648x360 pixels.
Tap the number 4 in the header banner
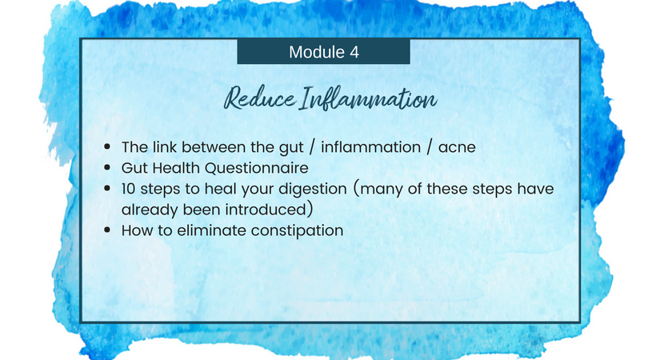coord(354,52)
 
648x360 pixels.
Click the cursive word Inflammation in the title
coord(368,98)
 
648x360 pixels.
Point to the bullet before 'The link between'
coord(107,146)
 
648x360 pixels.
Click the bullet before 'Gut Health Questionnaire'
coord(107,167)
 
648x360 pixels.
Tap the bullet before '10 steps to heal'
coord(107,189)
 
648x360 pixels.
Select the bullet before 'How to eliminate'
coord(107,230)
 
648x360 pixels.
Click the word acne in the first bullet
coord(457,147)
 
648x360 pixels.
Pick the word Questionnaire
coord(256,168)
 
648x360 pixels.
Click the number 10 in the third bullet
coord(129,189)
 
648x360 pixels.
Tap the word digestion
coord(313,190)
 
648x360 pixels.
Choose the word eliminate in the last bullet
coord(211,230)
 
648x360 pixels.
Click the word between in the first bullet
coord(214,146)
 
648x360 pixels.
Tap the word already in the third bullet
coord(150,210)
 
